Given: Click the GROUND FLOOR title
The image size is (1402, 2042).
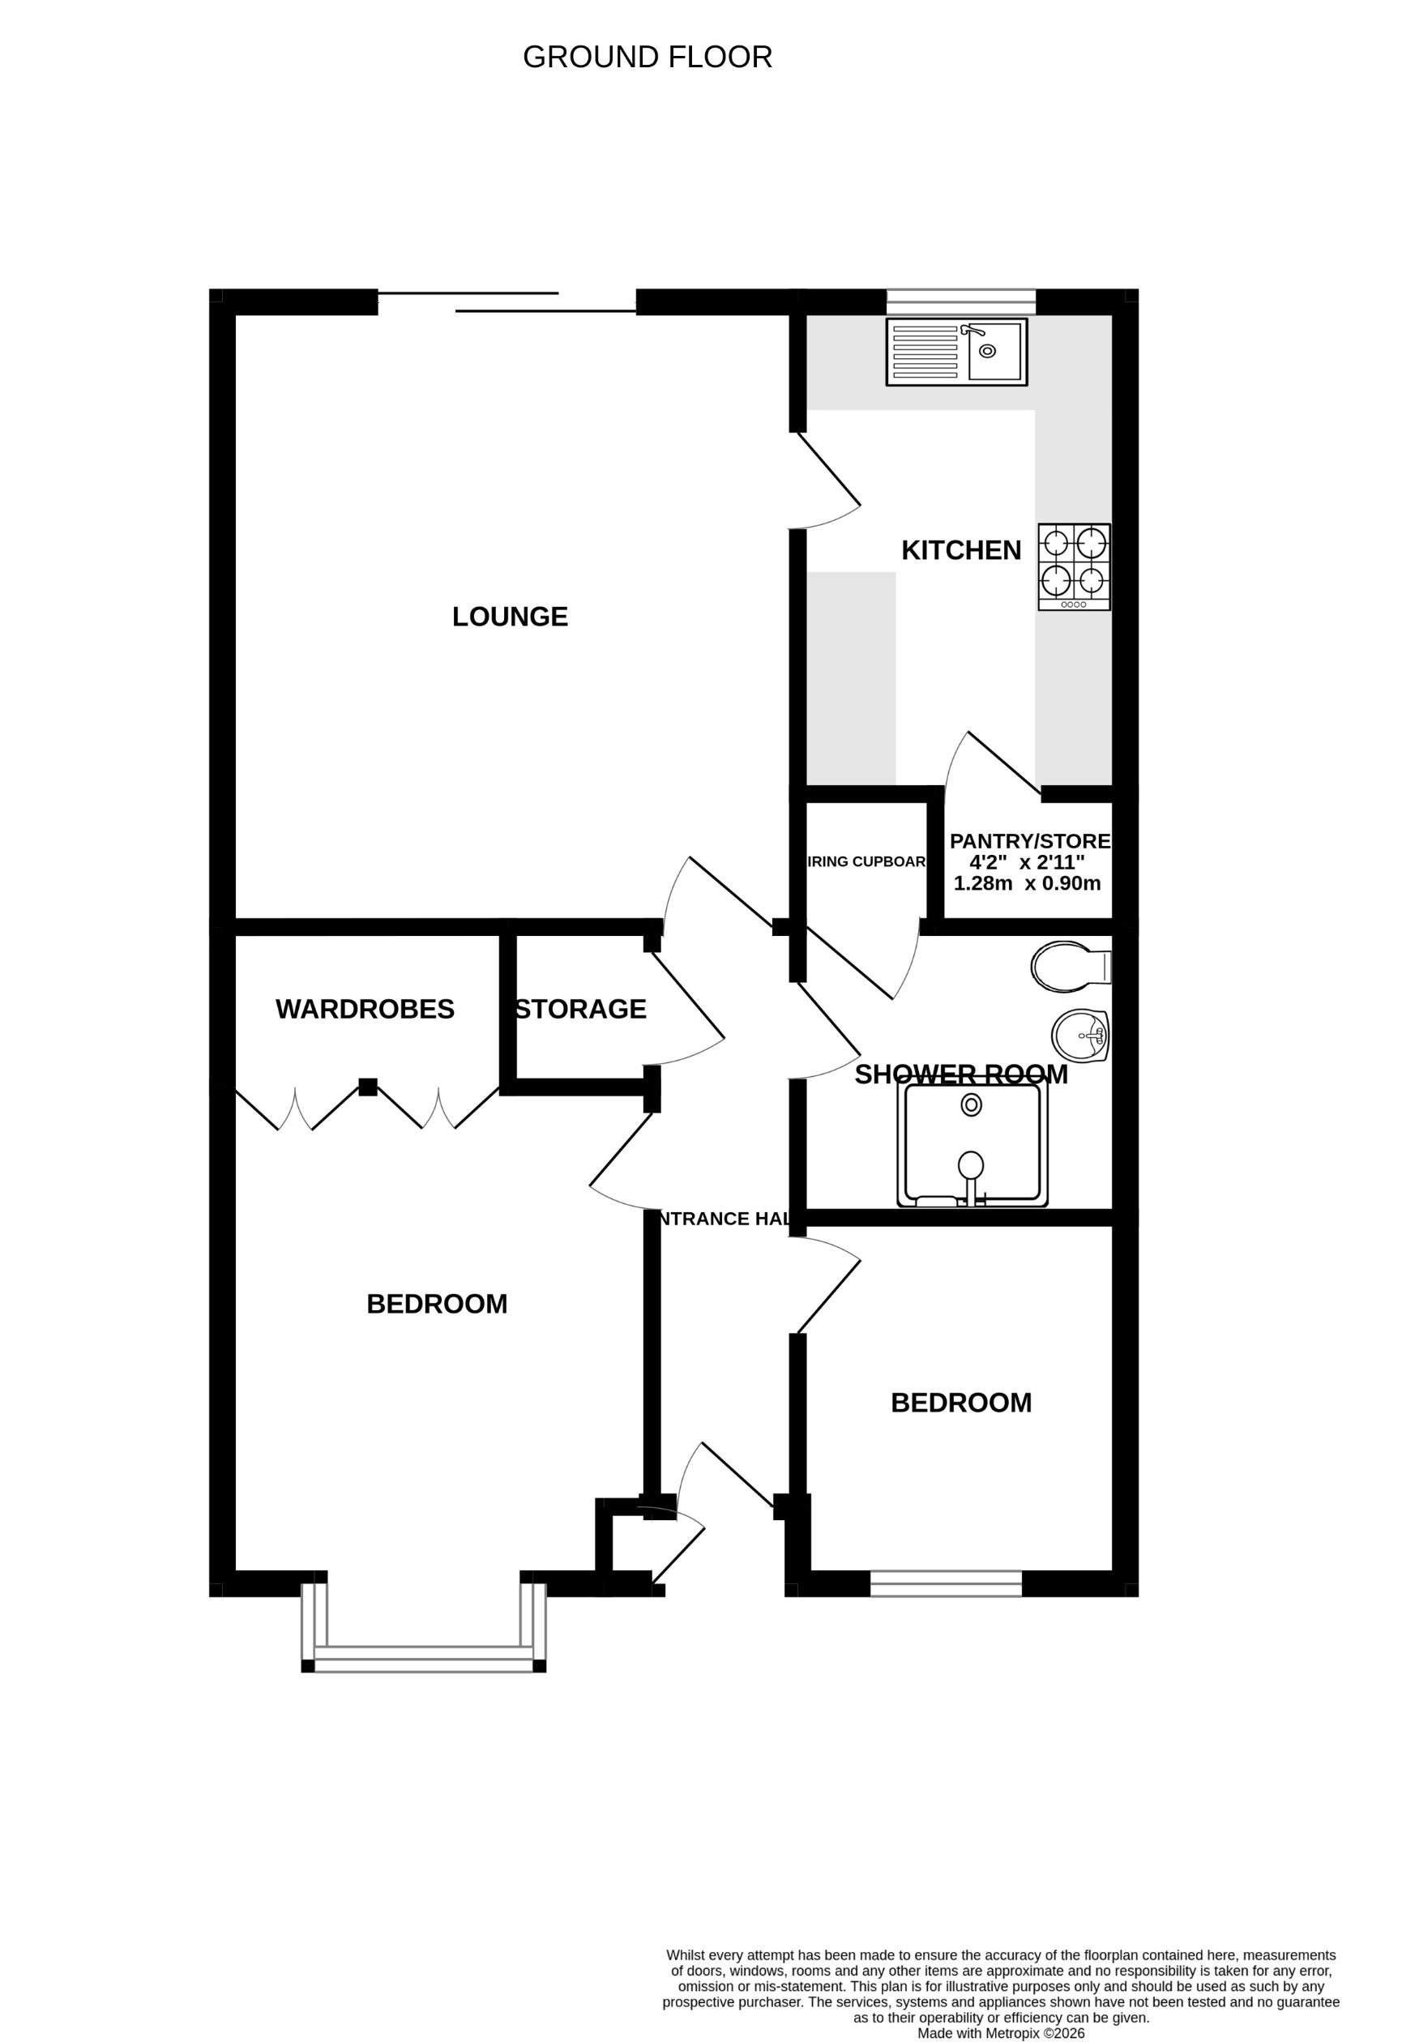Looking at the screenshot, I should [647, 57].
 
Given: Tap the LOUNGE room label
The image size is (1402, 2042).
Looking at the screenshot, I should [510, 617].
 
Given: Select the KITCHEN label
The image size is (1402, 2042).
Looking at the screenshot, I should [961, 551].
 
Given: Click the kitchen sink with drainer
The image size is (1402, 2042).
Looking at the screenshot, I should [956, 352].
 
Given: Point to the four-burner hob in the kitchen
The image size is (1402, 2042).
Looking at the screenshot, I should [1073, 566].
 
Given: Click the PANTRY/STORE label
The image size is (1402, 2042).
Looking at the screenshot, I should [1029, 841].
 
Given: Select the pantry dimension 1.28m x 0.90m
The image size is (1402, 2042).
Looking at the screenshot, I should [1027, 884].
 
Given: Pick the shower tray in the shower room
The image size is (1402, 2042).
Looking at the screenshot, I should [972, 1144].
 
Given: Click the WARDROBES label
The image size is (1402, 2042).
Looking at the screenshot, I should [365, 1010].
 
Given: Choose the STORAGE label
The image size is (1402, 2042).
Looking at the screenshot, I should [581, 1010].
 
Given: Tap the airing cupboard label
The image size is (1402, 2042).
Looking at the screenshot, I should [866, 862].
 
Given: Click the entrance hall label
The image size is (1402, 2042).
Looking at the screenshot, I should [724, 1219].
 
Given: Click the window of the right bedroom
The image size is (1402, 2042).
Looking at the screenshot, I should [946, 1583].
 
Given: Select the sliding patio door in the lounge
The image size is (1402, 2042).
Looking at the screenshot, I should [507, 302].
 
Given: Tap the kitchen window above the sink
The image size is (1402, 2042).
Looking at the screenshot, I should [961, 301].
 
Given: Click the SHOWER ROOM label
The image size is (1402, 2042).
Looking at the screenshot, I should [961, 1074].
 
